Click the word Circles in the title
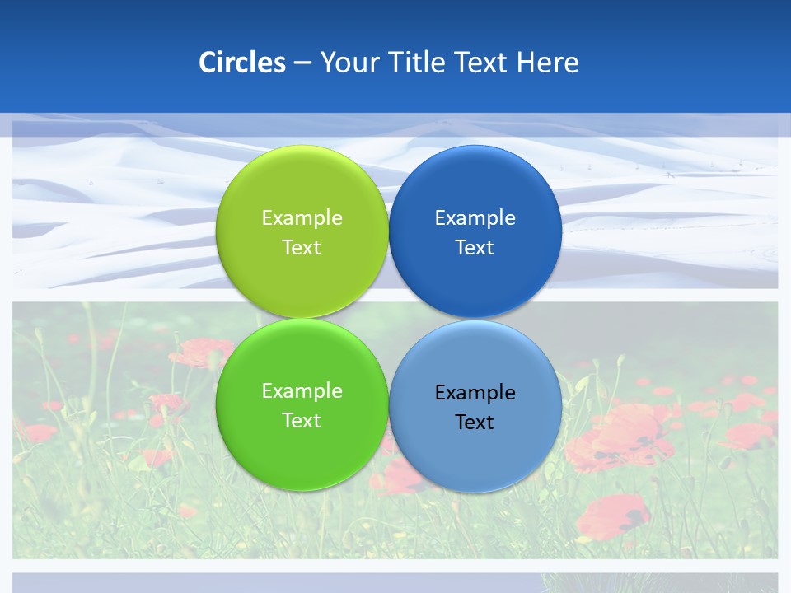tap(242, 63)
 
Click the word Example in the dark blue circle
tap(475, 217)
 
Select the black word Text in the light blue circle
tap(475, 422)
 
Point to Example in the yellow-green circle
tap(302, 217)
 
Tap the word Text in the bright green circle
tap(302, 420)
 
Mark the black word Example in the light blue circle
tap(475, 392)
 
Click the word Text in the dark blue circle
tap(475, 247)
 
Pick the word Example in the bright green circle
tap(302, 390)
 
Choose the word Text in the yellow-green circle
tap(302, 247)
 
